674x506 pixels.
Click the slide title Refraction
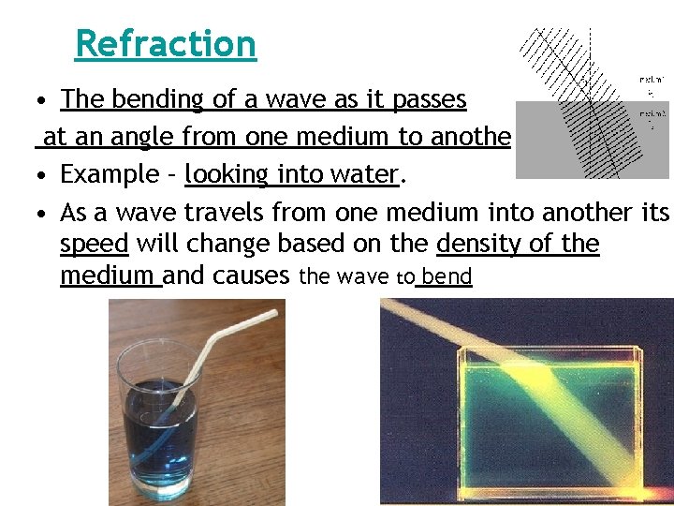click(x=165, y=43)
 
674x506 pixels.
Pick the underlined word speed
click(x=94, y=245)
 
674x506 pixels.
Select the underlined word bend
click(x=447, y=277)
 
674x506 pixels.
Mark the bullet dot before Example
click(x=44, y=175)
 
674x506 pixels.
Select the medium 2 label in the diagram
click(x=646, y=115)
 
